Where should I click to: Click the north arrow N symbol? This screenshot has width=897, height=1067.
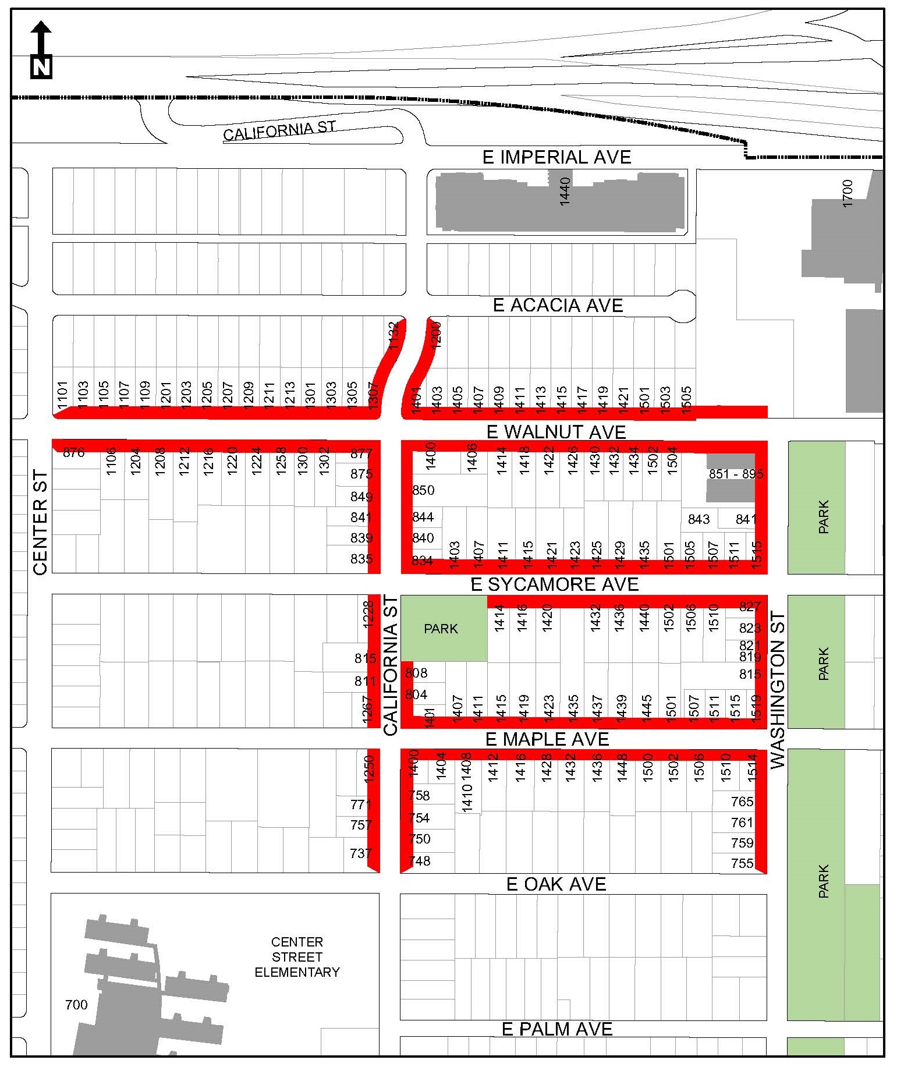point(41,67)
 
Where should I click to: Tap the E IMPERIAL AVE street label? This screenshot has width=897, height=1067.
point(556,157)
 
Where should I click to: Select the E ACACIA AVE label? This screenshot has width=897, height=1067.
point(558,306)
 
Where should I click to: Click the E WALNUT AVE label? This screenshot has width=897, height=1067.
point(556,432)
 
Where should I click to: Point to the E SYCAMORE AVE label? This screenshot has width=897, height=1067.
point(554,584)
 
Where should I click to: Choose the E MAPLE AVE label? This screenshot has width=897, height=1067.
point(547,739)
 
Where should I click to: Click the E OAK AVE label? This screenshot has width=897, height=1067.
point(556,884)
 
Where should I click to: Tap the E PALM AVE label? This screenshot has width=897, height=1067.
point(557,1029)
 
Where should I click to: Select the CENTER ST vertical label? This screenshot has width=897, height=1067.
point(40,522)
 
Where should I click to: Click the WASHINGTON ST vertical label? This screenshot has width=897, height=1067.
point(777,690)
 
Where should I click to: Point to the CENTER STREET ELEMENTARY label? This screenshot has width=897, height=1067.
point(297,957)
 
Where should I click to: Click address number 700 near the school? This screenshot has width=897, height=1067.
point(76,1004)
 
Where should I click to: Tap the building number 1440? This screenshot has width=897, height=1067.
point(564,192)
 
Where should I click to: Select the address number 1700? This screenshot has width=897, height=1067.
point(848,193)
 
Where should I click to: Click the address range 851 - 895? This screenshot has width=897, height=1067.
point(736,474)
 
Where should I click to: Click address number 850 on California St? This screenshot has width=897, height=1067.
point(423,490)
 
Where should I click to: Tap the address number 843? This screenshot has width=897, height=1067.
point(699,519)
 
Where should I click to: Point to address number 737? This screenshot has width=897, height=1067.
point(361,853)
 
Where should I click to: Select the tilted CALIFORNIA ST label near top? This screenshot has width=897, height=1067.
point(279,130)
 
